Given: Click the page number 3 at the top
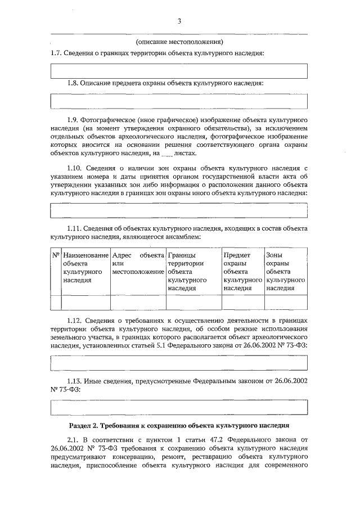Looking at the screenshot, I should coord(179,21).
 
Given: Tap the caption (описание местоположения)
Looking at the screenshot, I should coord(179,42).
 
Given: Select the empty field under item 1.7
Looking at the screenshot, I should coord(179,71).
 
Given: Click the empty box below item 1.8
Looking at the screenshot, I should coord(179,101).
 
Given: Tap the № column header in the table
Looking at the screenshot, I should coord(56,255).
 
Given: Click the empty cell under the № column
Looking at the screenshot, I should coord(56,302).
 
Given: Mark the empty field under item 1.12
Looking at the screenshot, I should coord(179,363).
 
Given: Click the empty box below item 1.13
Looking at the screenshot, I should coord(179,407).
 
